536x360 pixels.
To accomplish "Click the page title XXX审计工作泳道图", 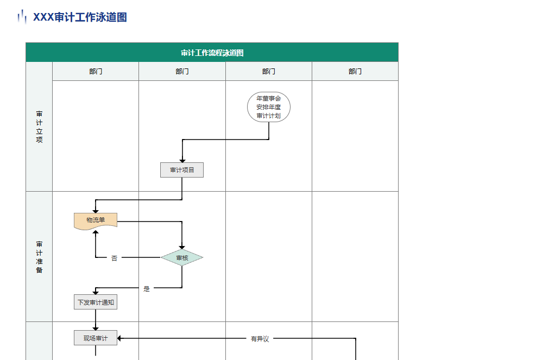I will click(80, 17).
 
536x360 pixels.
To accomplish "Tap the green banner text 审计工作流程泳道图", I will click(212, 53).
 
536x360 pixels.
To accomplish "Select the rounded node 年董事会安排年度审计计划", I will click(269, 107).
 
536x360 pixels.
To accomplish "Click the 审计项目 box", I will click(182, 170).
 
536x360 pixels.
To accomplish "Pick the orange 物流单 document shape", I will click(96, 220).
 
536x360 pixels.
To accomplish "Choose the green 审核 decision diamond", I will click(182, 258).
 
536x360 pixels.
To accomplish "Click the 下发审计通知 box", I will click(96, 302).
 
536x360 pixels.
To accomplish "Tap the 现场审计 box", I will click(96, 338).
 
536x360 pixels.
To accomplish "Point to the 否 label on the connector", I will click(114, 258).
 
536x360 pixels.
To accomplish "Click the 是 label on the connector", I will click(147, 289).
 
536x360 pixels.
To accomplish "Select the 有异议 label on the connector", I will click(260, 339).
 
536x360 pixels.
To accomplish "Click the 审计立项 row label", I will click(39, 127).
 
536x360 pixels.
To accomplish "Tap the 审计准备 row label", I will click(39, 257).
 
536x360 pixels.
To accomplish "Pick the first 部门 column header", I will click(96, 71).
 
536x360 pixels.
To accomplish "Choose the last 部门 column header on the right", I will click(355, 71).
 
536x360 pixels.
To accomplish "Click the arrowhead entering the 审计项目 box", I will click(182, 160).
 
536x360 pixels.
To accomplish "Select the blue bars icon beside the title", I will click(22, 17).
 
